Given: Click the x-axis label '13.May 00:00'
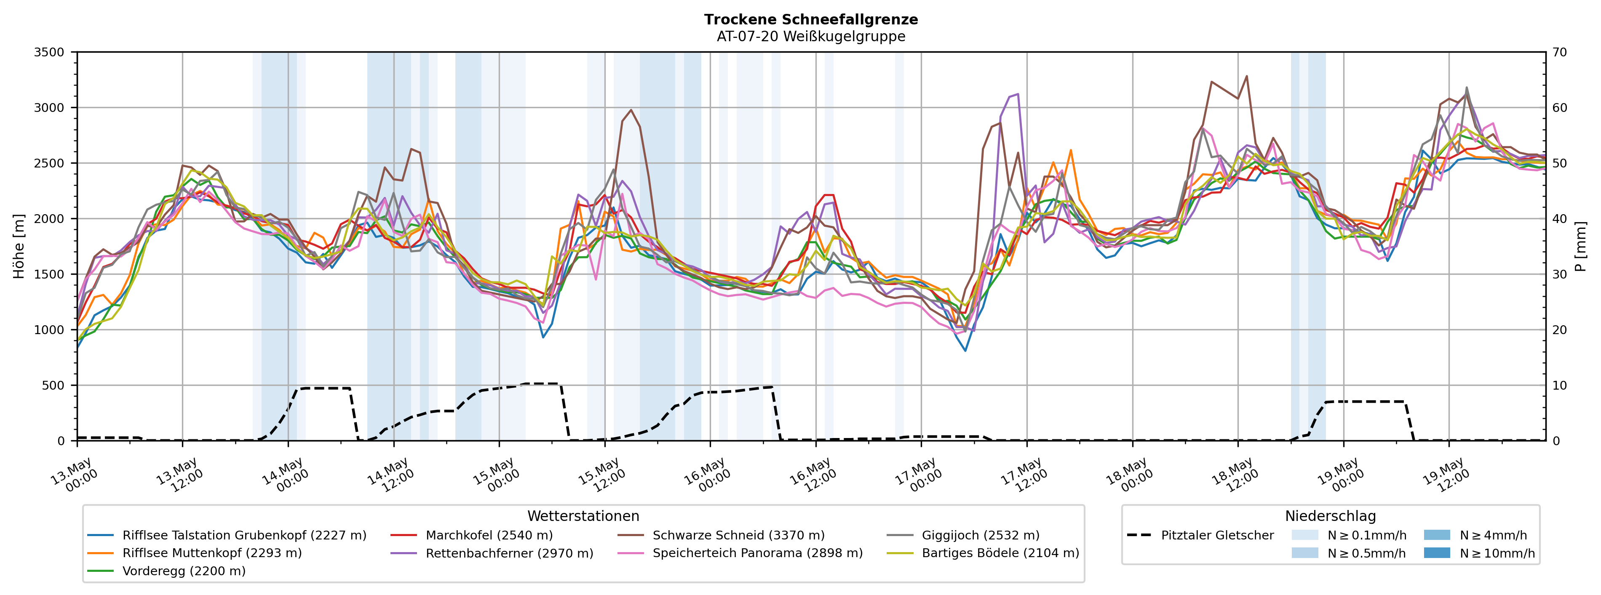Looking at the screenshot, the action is tap(73, 475).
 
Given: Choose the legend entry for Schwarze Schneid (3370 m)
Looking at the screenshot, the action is tap(721, 535).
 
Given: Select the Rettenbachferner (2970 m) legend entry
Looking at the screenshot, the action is tap(492, 553).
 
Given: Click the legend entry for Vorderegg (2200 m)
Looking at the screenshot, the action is tap(166, 571).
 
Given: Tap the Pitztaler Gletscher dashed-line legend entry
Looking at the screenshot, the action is tap(1200, 535).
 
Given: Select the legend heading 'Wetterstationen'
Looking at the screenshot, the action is tap(583, 516).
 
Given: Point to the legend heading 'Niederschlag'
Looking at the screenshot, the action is tap(1331, 516).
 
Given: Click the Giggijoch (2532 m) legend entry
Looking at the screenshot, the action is tap(963, 535).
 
